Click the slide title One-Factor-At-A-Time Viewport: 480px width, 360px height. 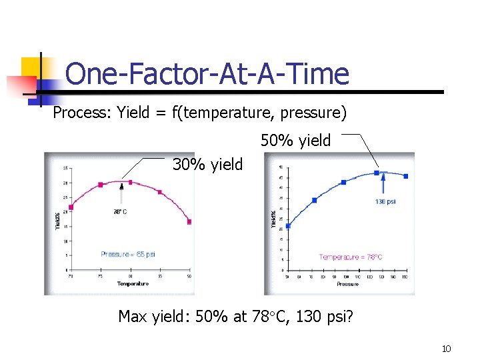[207, 73]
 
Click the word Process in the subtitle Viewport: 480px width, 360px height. [73, 113]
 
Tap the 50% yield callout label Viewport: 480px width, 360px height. [295, 141]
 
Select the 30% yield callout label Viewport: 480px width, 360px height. [207, 164]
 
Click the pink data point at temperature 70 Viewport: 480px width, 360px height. [71, 207]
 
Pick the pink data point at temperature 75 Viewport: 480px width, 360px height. [101, 185]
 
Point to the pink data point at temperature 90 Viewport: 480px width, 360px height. [189, 221]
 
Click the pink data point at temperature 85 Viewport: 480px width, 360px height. [159, 192]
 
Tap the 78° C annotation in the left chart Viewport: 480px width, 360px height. [121, 212]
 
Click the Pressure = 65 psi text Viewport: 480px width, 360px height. [128, 254]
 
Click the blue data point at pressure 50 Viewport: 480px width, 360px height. [288, 226]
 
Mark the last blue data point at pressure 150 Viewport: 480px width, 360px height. [406, 176]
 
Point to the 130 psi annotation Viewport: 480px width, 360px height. [385, 201]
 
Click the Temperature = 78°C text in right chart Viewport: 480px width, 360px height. [351, 257]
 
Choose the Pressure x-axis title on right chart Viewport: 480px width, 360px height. [347, 284]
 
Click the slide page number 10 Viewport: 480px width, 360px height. [446, 349]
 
